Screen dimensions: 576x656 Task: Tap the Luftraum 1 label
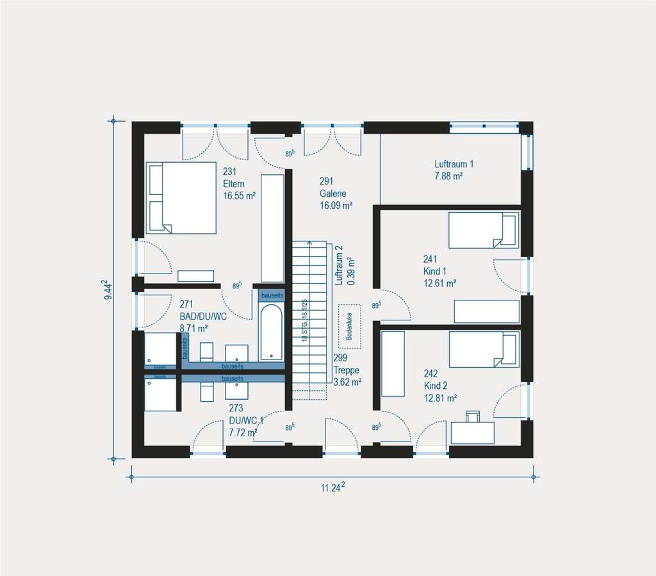454,164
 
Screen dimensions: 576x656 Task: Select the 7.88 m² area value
448,176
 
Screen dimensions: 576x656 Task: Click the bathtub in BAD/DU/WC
271,332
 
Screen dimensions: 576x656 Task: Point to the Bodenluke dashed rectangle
350,322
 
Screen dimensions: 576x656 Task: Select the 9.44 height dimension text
108,290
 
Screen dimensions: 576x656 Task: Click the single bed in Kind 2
483,349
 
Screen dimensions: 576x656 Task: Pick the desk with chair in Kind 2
473,431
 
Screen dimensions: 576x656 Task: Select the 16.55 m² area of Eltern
239,196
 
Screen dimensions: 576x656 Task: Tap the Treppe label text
346,370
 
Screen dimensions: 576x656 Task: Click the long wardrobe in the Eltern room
272,227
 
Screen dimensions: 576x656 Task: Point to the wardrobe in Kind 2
393,364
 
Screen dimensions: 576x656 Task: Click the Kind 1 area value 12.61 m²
439,283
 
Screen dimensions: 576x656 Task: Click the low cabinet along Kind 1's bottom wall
486,311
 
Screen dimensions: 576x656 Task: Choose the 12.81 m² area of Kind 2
439,398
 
